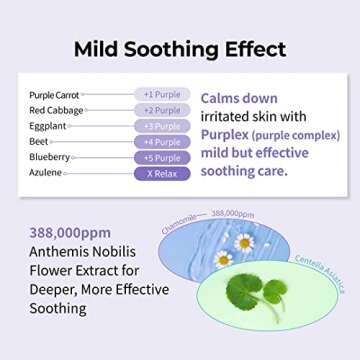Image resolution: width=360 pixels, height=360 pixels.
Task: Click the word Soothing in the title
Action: pos(183,48)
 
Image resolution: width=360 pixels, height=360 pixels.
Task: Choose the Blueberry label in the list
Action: pos(49,157)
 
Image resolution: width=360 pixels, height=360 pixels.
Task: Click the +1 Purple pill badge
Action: pos(162,94)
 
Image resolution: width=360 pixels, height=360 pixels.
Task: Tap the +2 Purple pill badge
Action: pos(162,110)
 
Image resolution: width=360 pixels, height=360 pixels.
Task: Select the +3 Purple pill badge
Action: pos(162,126)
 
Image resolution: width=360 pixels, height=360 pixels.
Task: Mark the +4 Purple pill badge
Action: pos(162,142)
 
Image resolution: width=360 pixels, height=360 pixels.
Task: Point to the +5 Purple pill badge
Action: pos(162,158)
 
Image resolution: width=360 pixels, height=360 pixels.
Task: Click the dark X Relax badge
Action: pos(162,174)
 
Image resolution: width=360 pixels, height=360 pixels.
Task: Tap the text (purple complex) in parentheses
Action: pos(295,135)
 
